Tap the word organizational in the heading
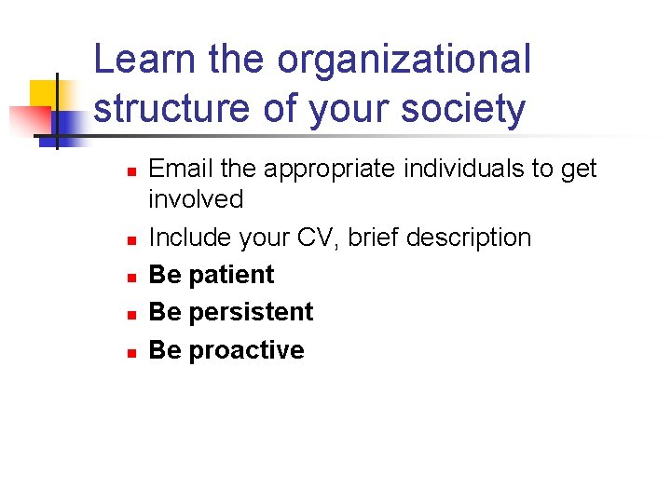404,61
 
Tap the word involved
196,199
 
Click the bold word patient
231,275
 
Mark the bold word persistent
251,312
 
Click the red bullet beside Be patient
132,278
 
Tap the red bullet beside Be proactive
132,353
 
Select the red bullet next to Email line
132,171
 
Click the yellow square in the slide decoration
45,94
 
